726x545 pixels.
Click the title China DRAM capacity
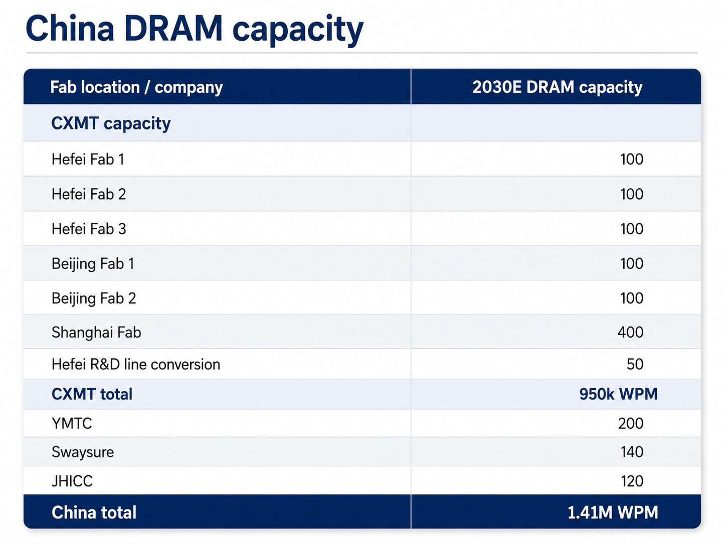pos(195,30)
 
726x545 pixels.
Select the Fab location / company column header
pos(136,88)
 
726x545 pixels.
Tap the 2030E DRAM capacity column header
pos(558,88)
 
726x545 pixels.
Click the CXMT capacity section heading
pos(111,124)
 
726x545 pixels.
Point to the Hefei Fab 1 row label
pos(88,159)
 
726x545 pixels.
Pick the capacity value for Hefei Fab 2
pos(632,194)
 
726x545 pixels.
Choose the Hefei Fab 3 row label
pos(89,229)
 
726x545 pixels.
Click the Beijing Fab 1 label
pos(93,264)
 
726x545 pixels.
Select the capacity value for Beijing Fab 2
pos(632,298)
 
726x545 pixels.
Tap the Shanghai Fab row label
pos(96,332)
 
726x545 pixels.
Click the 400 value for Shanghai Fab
pos(630,332)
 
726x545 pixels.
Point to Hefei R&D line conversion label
pos(136,364)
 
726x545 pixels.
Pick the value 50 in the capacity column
pos(635,364)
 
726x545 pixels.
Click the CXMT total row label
pos(92,394)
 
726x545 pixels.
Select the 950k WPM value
pos(619,394)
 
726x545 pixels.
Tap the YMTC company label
pos(72,423)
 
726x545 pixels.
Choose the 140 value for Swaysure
pos(632,452)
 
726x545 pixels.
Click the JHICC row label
pos(72,481)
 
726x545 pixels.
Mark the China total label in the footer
pos(94,512)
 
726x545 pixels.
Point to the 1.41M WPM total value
pos(613,512)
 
